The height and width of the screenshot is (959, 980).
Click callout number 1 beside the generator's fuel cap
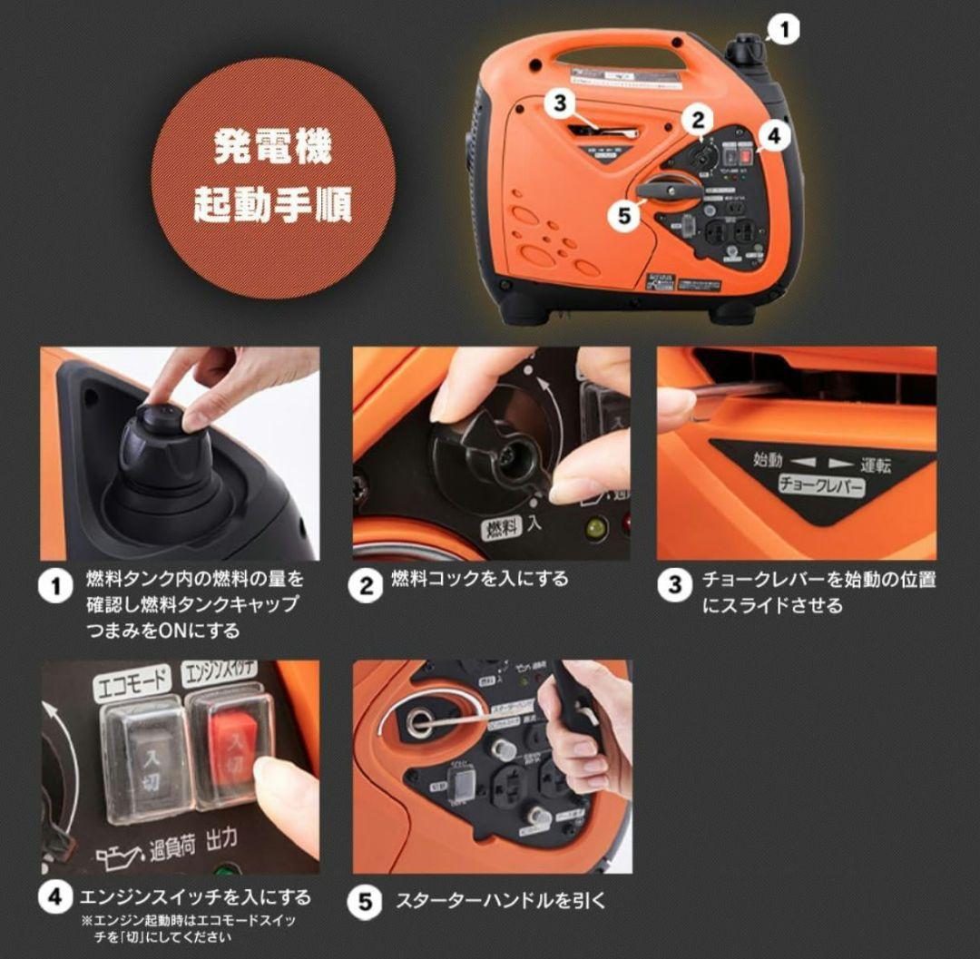[x=783, y=30]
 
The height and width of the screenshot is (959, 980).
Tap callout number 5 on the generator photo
[x=622, y=217]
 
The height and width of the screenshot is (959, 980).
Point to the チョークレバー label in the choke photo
[x=821, y=485]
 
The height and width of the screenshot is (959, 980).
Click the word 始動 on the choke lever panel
[x=767, y=460]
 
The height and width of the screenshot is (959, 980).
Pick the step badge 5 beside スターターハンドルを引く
[x=366, y=901]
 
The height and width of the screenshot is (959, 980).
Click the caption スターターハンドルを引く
[x=499, y=901]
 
